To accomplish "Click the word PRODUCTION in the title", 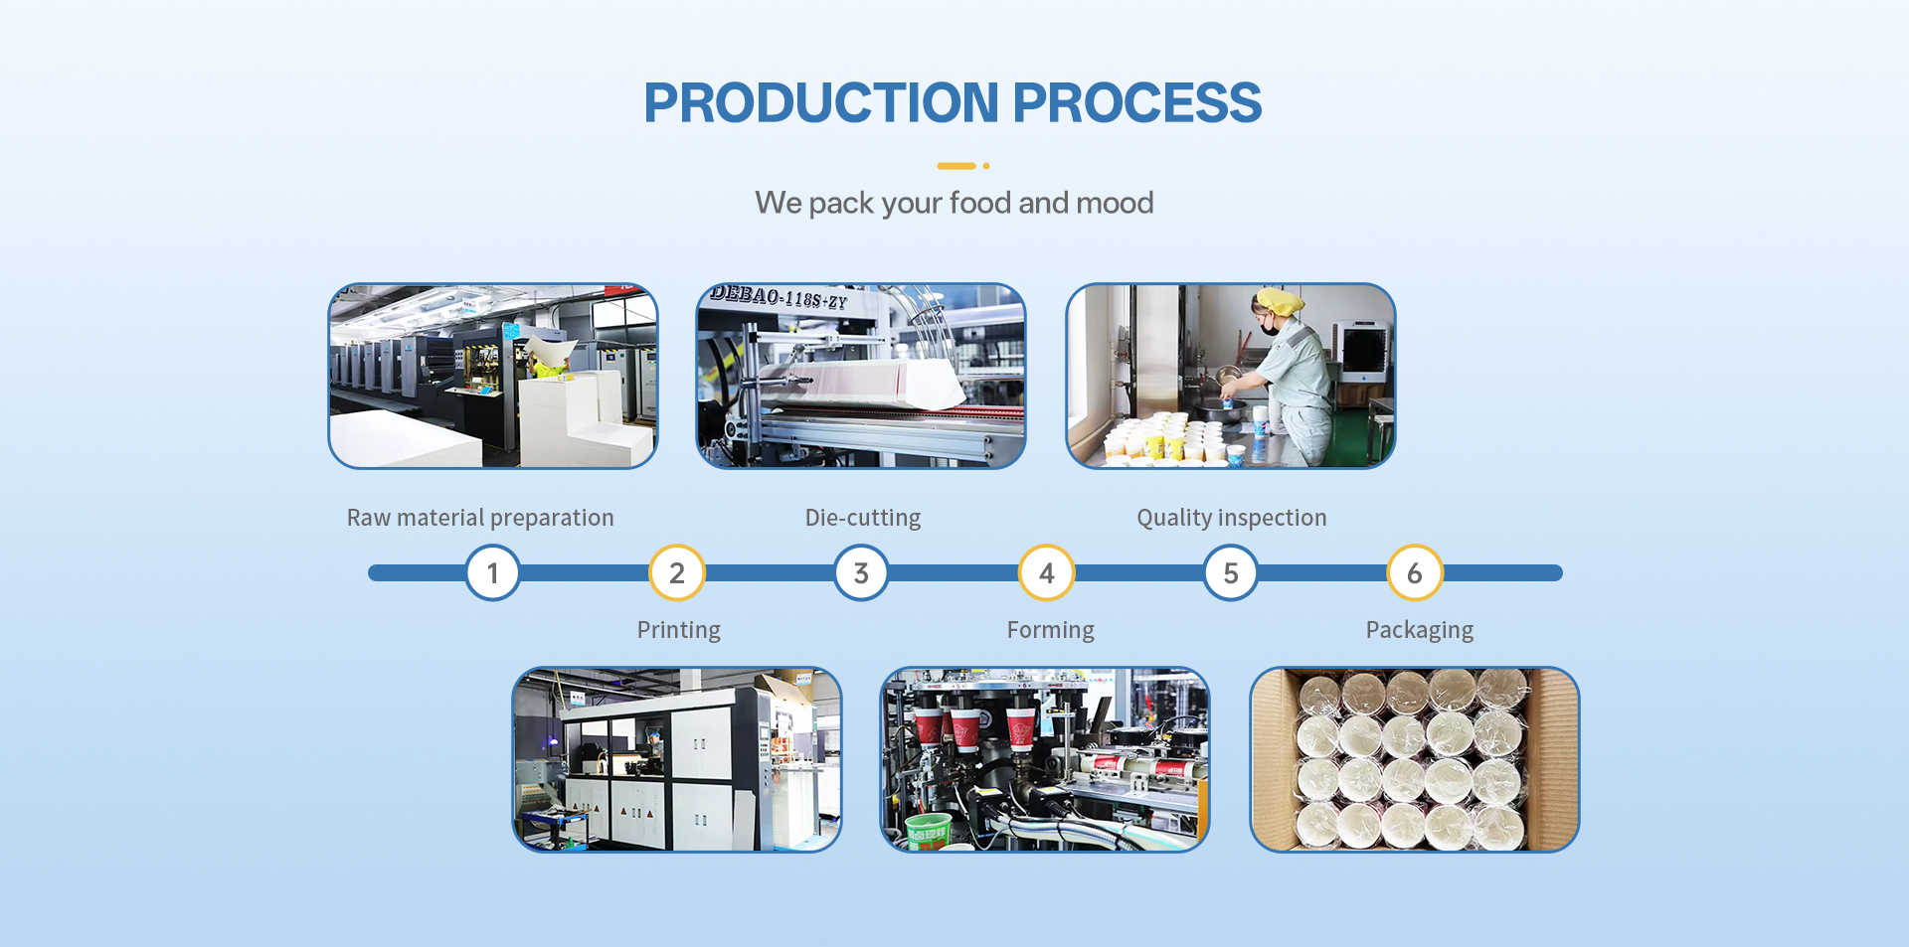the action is coord(821,102).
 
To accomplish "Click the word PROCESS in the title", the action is coord(1137,102).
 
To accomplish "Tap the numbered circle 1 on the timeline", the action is coord(493,573).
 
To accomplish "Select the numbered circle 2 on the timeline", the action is coord(677,573).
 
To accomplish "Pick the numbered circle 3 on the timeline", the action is coord(861,573).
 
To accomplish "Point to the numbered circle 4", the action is coord(1046,573).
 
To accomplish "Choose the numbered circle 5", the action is coord(1231,573).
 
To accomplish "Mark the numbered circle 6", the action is coord(1415,573).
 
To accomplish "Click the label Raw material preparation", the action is coord(480,519).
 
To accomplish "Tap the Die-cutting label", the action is coord(863,519).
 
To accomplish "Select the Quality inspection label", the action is coord(1232,519).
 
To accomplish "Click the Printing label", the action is coord(679,631).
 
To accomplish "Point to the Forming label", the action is coord(1051,631).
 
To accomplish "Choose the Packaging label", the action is coord(1420,631).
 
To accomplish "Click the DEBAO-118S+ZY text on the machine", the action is coord(779,297).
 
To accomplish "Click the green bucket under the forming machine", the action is coord(928,830).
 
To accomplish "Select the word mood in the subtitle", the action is coord(1115,203).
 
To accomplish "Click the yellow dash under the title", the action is coord(956,166).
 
